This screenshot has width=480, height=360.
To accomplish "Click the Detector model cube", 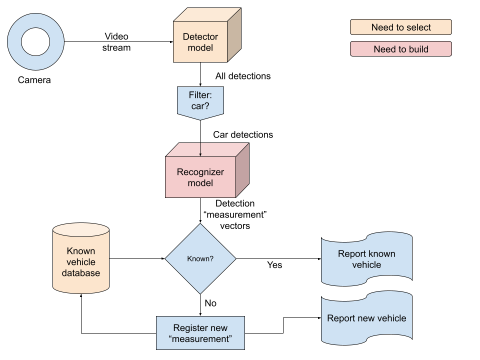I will (200, 42).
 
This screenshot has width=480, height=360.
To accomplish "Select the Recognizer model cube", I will (200, 177).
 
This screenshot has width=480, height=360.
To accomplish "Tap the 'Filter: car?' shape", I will (200, 102).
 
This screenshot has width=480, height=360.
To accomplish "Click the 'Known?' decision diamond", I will (200, 259).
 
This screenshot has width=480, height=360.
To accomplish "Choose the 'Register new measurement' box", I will (200, 333).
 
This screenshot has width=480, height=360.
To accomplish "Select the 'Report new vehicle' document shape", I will (366, 318).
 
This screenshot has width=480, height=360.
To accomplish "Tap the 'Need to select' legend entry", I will (400, 27).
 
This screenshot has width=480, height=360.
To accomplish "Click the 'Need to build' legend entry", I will (400, 49).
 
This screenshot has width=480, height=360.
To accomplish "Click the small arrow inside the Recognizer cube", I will (200, 150).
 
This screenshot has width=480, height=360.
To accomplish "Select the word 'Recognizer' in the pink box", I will (200, 172).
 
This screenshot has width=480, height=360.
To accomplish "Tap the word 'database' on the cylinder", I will (81, 273).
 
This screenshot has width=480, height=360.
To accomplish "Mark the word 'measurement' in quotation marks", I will (200, 339).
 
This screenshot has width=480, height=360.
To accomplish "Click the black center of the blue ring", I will (36, 42).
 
